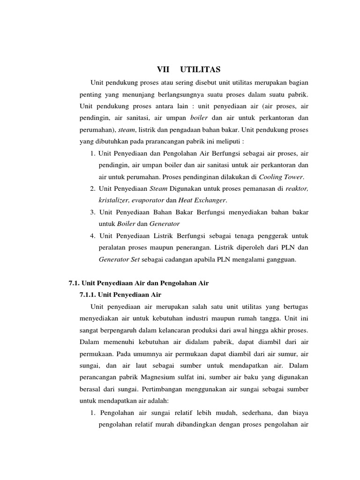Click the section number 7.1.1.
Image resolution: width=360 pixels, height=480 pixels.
pyautogui.click(x=88, y=295)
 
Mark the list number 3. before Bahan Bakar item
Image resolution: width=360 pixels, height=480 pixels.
pyautogui.click(x=93, y=212)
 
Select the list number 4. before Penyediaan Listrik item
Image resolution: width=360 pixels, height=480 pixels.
pyautogui.click(x=93, y=235)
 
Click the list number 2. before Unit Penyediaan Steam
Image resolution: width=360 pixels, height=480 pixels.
pyautogui.click(x=93, y=188)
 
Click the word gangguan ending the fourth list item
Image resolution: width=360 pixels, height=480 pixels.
pyautogui.click(x=281, y=259)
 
